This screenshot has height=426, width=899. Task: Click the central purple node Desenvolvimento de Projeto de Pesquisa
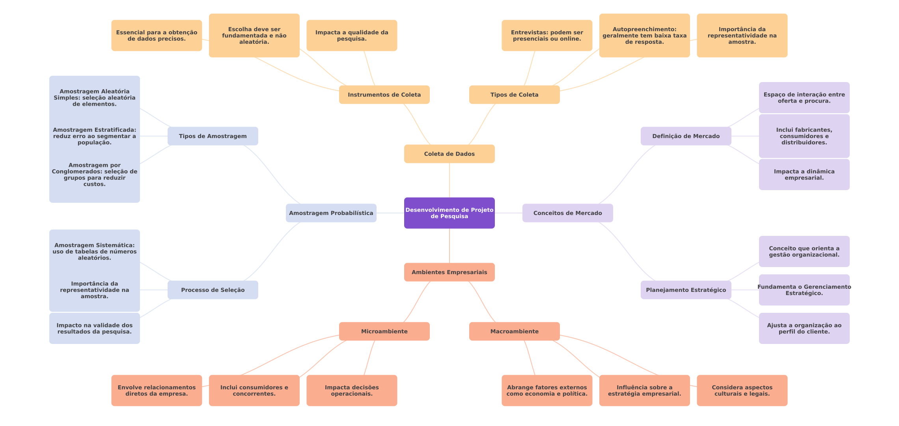coord(449,213)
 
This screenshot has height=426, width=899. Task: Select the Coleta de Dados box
coord(449,154)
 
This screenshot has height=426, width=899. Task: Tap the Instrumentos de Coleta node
coord(384,95)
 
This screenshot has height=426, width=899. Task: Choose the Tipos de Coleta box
coord(514,95)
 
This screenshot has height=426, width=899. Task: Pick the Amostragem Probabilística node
coord(331,213)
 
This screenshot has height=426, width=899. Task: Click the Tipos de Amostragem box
coord(213,136)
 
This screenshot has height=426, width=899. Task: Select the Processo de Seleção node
coord(213,290)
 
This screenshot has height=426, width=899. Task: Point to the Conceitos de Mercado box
coord(567,213)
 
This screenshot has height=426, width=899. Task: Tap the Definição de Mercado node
coord(686,136)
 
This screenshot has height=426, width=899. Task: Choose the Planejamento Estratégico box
coord(686,290)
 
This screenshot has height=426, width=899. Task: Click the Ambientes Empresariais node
coord(449,272)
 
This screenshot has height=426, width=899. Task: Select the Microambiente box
coord(384,331)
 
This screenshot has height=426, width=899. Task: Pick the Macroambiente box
coord(514,331)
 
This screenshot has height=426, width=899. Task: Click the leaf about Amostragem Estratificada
coord(94,136)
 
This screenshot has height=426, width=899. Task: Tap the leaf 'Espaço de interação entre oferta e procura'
coord(804,98)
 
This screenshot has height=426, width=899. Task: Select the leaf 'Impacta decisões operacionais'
coord(352,390)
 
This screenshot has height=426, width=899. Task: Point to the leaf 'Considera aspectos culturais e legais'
coord(742,390)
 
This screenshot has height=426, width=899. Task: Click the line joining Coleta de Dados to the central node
coord(449,180)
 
